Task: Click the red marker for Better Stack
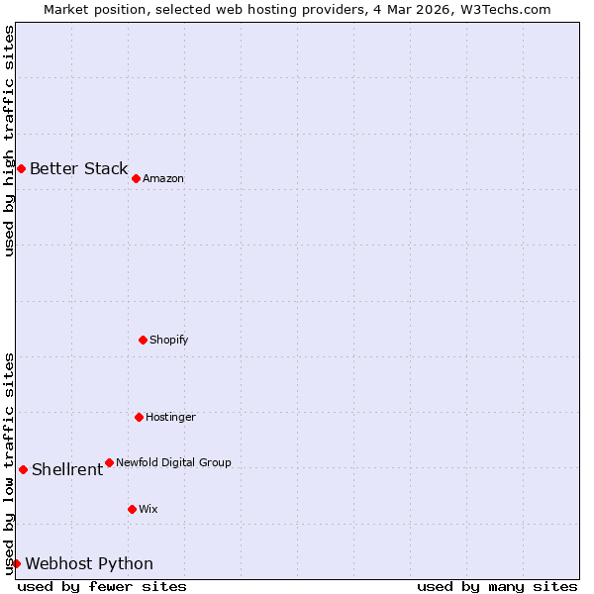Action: (21, 168)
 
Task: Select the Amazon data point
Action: (136, 178)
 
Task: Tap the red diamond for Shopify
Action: (143, 340)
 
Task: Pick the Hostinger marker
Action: (139, 417)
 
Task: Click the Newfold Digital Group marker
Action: (109, 462)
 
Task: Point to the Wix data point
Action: (132, 509)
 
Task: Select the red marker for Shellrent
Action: (23, 469)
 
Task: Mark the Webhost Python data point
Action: (16, 563)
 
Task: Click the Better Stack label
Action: (78, 168)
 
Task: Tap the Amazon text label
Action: (163, 179)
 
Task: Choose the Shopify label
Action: (168, 341)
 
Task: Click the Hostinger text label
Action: (170, 418)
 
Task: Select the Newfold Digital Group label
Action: (173, 462)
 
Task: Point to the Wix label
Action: (148, 510)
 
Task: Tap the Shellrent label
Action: (67, 469)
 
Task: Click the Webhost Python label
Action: (89, 564)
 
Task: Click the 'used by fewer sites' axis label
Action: (102, 586)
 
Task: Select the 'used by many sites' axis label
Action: (497, 586)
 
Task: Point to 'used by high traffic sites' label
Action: (9, 141)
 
